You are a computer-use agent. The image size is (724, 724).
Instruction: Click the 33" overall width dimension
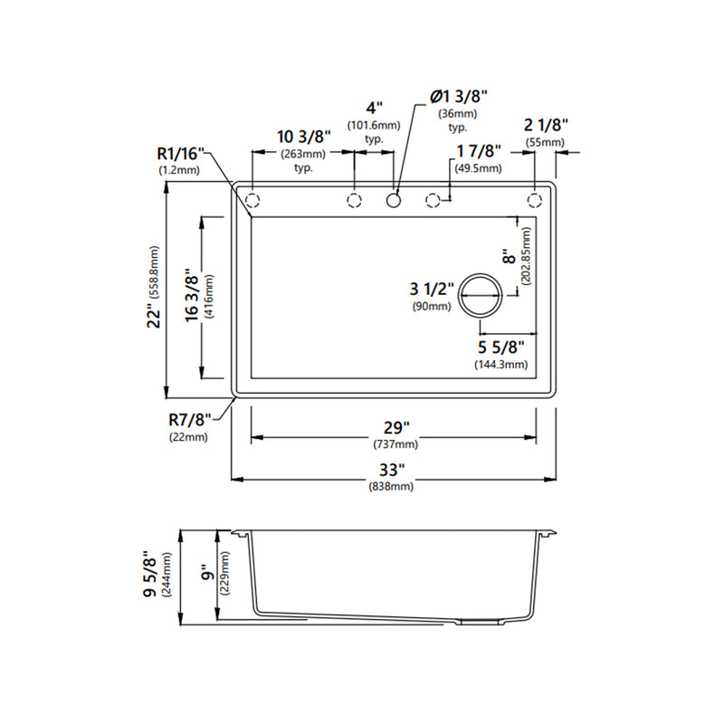(392, 470)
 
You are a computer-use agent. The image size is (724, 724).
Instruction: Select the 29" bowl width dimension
(396, 428)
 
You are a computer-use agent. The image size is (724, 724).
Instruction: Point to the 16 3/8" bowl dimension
(191, 296)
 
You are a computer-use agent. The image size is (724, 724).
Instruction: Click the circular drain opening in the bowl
(481, 296)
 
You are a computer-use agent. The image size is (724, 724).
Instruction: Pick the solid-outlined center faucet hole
(394, 200)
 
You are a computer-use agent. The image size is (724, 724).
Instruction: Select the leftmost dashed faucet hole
(252, 200)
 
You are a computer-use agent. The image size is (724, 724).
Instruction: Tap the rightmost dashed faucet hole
(535, 200)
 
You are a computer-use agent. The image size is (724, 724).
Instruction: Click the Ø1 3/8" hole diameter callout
(459, 97)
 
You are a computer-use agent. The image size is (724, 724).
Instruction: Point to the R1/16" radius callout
(180, 153)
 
